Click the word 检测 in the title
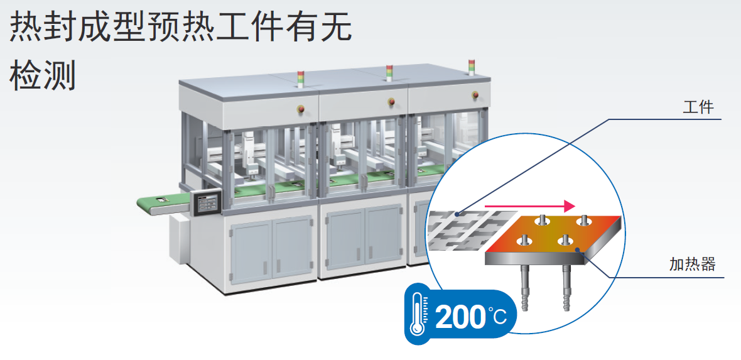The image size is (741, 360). click(x=43, y=75)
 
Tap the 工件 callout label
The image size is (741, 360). click(x=698, y=107)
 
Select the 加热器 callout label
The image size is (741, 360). click(x=692, y=264)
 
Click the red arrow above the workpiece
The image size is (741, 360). click(x=529, y=206)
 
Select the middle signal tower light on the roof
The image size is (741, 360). click(x=389, y=73)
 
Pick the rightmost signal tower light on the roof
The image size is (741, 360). click(x=471, y=67)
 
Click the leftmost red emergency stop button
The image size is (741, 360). click(x=300, y=109)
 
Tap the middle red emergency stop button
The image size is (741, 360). click(x=391, y=101)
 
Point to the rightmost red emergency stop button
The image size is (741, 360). click(x=475, y=95)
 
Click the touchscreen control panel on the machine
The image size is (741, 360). click(x=207, y=204)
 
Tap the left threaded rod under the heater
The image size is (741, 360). click(x=526, y=288)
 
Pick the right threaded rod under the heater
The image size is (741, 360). click(x=566, y=288)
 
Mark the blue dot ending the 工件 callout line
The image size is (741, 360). click(x=457, y=215)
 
